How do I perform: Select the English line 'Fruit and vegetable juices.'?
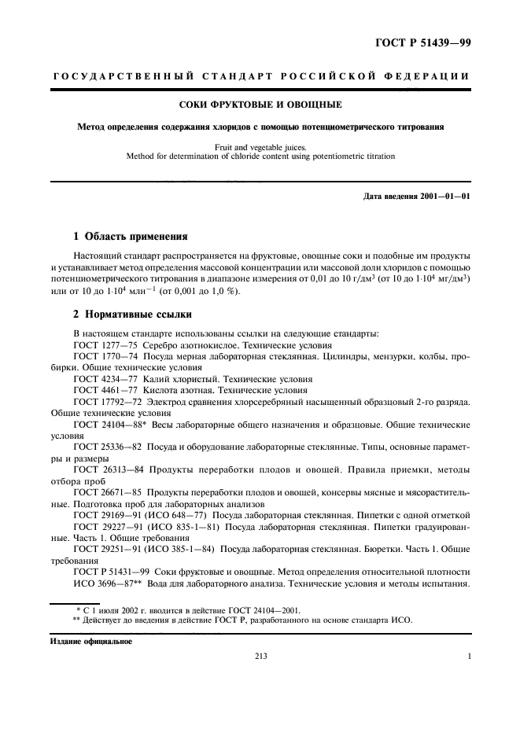pos(260,145)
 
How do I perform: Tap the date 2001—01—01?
pos(442,196)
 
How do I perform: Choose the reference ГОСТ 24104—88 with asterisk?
pos(110,424)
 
